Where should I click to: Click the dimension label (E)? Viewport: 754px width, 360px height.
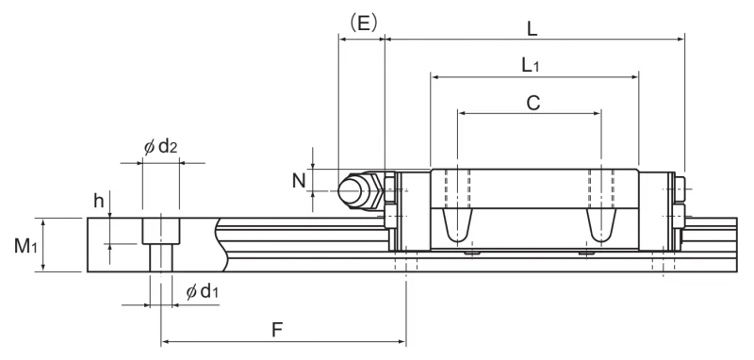(363, 23)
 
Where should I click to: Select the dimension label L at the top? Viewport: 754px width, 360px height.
(532, 29)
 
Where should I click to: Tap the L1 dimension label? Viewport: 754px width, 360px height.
(531, 65)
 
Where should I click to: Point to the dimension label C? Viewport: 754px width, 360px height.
(533, 103)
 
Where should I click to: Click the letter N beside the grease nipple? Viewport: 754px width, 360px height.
(299, 181)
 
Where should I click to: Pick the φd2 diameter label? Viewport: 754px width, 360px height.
(160, 147)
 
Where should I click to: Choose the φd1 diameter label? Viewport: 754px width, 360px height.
(202, 291)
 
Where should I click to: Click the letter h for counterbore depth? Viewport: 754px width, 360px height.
(99, 201)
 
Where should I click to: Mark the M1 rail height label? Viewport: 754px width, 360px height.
(25, 246)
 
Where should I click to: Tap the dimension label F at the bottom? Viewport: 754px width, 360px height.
(276, 330)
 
